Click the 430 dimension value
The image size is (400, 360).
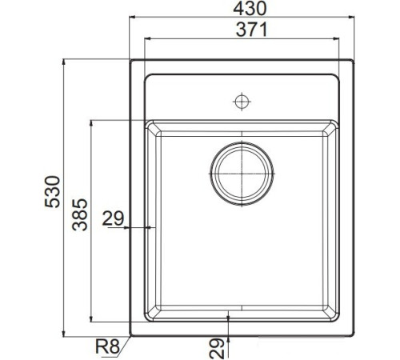[240, 9]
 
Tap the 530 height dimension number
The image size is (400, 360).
[53, 194]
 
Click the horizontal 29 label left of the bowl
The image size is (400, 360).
[113, 217]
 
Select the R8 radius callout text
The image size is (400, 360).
[106, 346]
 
